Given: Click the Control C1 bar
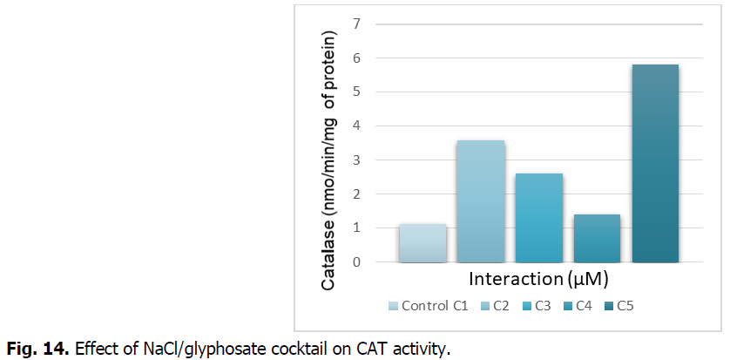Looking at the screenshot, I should pos(422,243).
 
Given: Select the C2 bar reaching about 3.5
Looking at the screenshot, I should pos(481,201).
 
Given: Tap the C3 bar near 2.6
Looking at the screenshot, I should pos(538,218).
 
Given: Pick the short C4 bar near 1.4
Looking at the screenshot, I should pos(597,238).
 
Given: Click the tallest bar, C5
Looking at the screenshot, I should pos(655,163).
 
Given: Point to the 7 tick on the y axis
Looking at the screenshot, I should pos(356,24).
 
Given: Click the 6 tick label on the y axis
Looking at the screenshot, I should pos(356,58).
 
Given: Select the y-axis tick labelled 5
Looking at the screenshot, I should pos(356,92).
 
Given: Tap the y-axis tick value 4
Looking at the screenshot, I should pos(356,126).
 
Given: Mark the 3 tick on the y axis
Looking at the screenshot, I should pos(356,160).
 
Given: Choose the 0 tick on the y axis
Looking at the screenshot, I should pos(356,262).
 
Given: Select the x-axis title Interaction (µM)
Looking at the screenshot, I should pos(537,280).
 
